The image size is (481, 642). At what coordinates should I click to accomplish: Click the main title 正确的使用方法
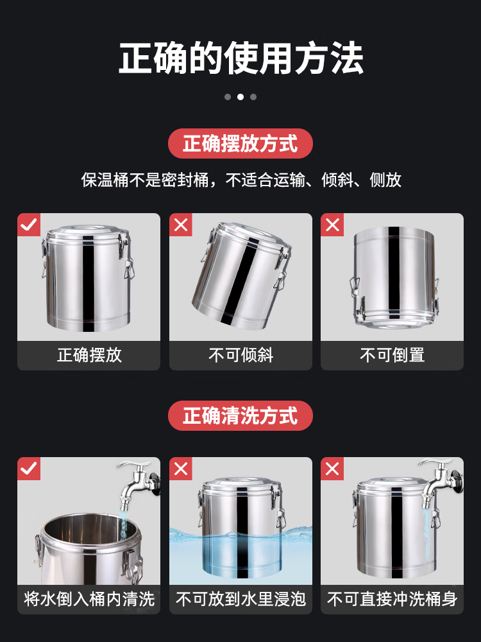pyautogui.click(x=241, y=58)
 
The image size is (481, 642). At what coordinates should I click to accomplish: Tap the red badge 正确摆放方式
pyautogui.click(x=240, y=144)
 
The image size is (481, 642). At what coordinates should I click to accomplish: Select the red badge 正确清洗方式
pyautogui.click(x=240, y=415)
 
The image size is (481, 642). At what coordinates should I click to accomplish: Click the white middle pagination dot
pyautogui.click(x=240, y=97)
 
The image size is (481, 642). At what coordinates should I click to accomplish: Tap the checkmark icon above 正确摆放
pyautogui.click(x=29, y=224)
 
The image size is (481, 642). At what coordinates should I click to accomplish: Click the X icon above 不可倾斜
pyautogui.click(x=181, y=224)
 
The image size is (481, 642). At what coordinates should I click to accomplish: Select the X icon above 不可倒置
pyautogui.click(x=332, y=224)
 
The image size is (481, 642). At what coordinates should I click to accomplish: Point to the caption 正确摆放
pyautogui.click(x=89, y=355)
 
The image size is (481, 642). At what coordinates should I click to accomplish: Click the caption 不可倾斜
pyautogui.click(x=241, y=355)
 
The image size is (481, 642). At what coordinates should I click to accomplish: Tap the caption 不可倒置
pyautogui.click(x=392, y=355)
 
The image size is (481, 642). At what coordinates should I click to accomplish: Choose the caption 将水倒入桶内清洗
pyautogui.click(x=89, y=599)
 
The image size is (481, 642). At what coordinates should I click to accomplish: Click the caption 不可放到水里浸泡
pyautogui.click(x=241, y=599)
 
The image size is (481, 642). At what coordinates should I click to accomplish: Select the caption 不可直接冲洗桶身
pyautogui.click(x=392, y=599)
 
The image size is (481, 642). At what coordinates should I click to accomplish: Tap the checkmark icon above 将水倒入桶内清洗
pyautogui.click(x=29, y=469)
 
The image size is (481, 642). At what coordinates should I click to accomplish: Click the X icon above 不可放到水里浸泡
pyautogui.click(x=181, y=469)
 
